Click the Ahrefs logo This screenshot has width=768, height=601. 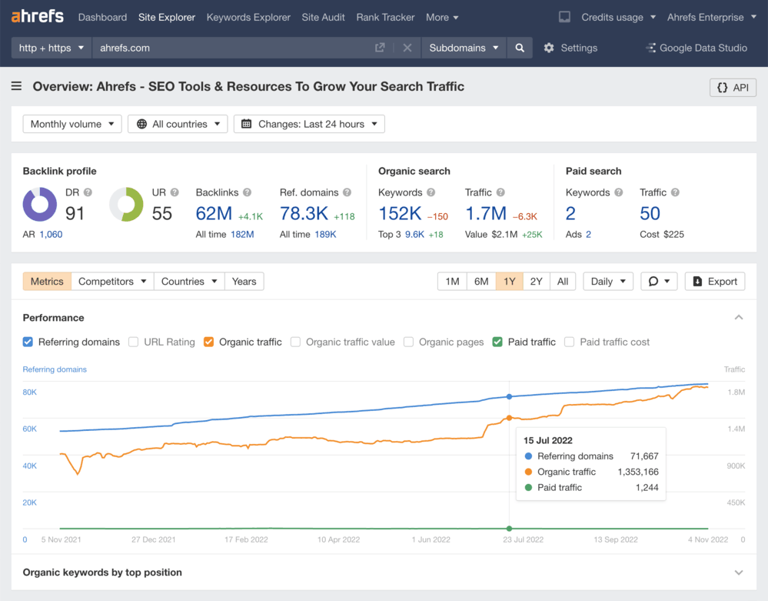(x=38, y=16)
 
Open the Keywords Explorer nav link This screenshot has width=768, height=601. (x=248, y=17)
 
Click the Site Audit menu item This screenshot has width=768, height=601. (x=324, y=17)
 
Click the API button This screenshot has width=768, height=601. (x=733, y=88)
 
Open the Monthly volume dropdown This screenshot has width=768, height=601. (x=72, y=124)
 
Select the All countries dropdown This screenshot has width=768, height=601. (x=178, y=124)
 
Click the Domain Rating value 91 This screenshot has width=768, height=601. (x=75, y=213)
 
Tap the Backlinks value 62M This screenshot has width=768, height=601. (x=214, y=213)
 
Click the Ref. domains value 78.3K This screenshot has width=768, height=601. (x=303, y=213)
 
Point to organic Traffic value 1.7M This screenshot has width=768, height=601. (x=485, y=213)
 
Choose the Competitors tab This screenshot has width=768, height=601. (x=112, y=282)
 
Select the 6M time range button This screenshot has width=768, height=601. (x=481, y=282)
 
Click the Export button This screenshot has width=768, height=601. (x=715, y=282)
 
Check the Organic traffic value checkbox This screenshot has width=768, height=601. (x=295, y=342)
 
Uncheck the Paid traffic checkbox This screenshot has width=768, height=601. (x=497, y=342)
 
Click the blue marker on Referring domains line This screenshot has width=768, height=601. (x=509, y=397)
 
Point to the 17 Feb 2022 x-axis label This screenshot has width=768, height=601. (x=246, y=539)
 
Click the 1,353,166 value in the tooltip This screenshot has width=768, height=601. (x=637, y=472)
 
